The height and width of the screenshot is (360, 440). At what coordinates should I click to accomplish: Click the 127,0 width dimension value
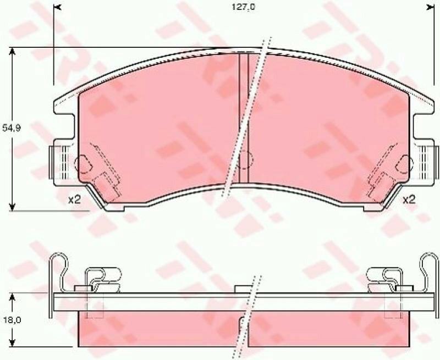243,7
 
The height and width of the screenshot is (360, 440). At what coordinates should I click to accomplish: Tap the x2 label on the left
74,200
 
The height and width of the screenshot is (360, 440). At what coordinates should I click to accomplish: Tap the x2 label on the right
409,200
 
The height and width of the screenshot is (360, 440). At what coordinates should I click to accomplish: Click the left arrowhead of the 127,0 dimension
57,8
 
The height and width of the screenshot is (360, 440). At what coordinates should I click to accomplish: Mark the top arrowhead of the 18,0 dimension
12,298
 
